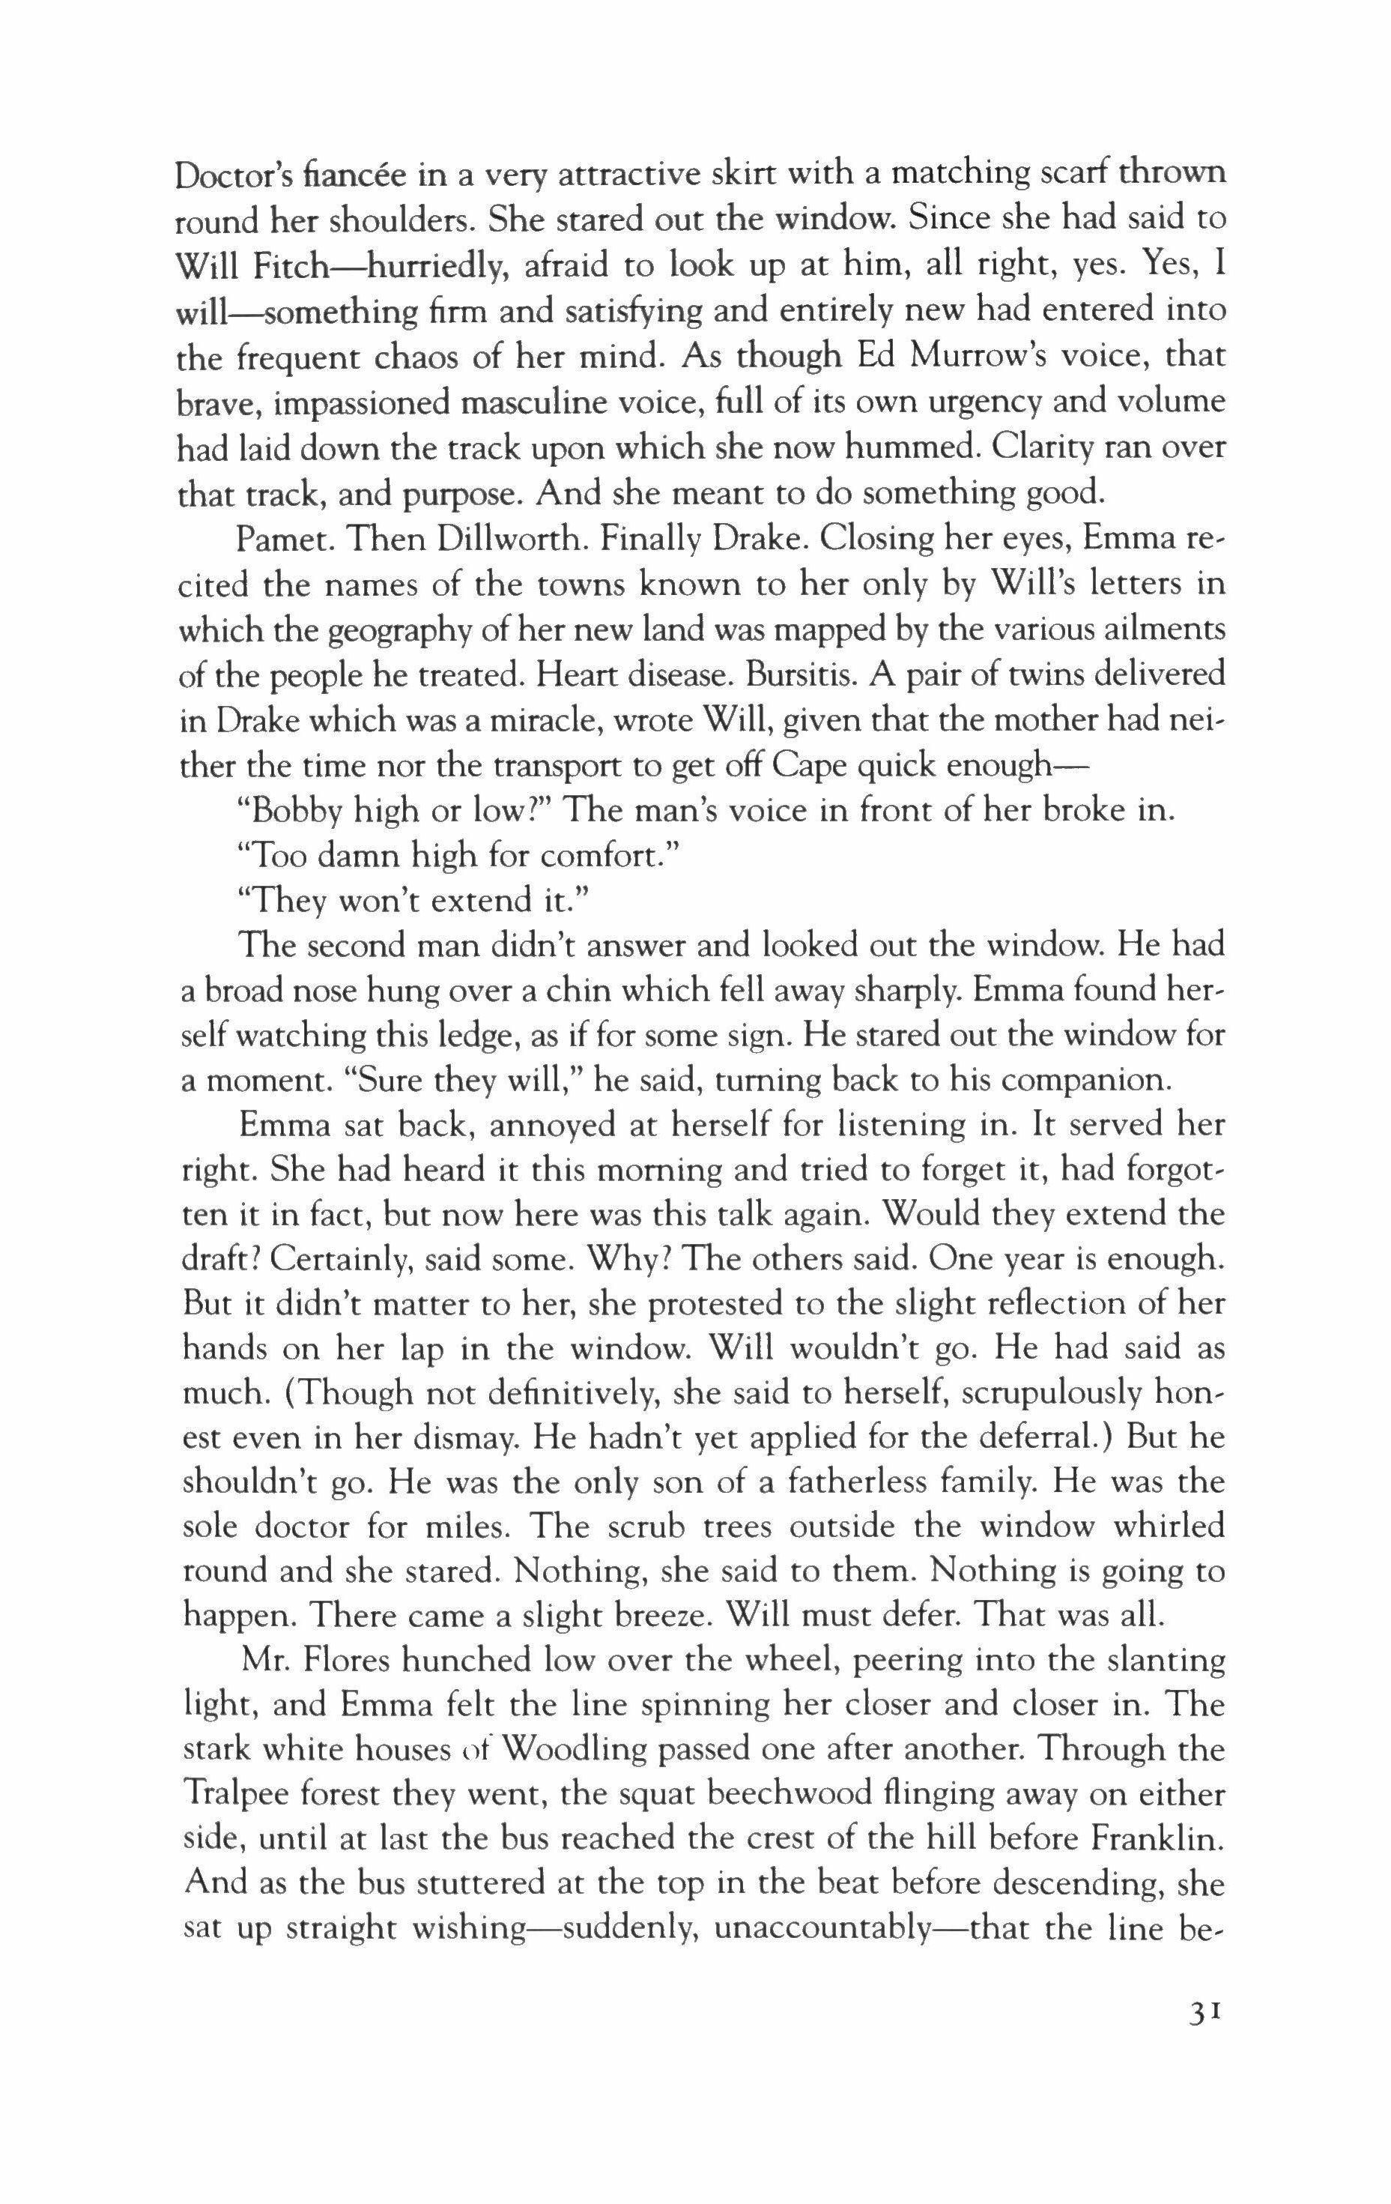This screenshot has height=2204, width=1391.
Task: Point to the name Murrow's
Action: [x=1011, y=356]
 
